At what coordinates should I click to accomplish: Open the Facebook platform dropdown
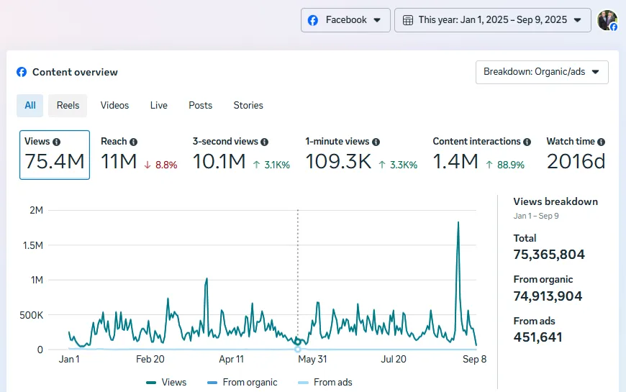345,20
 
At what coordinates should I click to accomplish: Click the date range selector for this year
492,20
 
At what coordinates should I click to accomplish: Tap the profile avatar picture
607,20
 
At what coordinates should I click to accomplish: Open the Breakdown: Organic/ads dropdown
542,72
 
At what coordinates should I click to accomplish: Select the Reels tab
68,105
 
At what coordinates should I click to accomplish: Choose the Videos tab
114,105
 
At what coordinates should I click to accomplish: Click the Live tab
159,105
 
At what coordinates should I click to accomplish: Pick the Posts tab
200,105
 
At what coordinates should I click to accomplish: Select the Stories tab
248,105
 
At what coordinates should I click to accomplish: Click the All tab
30,105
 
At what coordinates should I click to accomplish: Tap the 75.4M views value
55,162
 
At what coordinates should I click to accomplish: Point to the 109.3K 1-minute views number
338,162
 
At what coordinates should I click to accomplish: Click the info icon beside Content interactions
527,142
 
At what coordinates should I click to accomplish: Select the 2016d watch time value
576,162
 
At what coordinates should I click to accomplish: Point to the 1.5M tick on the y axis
34,245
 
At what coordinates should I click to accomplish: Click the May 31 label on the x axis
312,359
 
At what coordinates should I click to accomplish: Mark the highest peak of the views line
458,222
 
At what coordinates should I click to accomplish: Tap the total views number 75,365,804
549,255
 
